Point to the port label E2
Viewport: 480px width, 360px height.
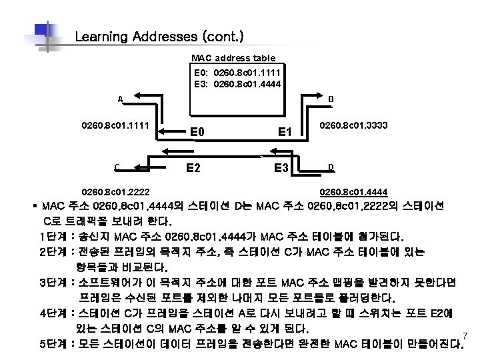pos(194,167)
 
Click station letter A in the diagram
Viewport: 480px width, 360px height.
pos(119,100)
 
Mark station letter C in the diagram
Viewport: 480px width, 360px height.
pos(117,167)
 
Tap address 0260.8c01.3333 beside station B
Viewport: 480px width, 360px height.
pos(355,125)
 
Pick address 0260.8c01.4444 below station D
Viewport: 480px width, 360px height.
pos(355,192)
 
